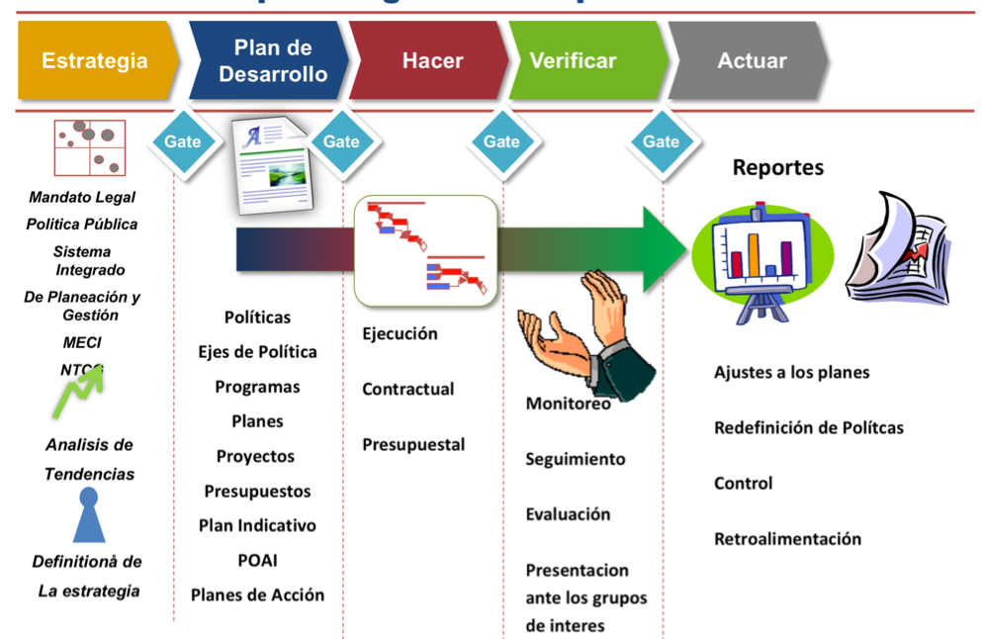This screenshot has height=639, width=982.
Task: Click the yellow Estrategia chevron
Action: coord(95,60)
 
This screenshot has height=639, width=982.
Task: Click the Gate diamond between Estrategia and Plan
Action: coord(182,141)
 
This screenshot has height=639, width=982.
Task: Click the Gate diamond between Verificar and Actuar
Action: coord(661,141)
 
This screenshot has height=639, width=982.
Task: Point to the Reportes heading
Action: coord(777,167)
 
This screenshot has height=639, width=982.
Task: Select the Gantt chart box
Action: coord(425,250)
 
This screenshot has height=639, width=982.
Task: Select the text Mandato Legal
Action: coord(82,197)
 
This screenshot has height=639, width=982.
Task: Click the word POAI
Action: coord(257,560)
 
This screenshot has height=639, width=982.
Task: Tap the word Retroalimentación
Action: coord(787,539)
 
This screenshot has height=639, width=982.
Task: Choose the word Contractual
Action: coord(407,389)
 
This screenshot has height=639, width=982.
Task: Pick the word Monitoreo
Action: coord(568,404)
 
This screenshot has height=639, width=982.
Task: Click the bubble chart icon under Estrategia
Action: coord(90,147)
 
